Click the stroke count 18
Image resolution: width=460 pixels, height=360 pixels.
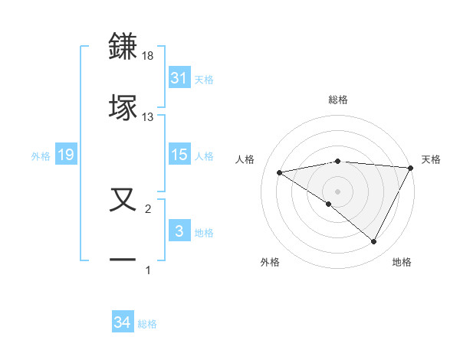[x=149, y=56]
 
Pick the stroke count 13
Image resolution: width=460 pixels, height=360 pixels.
[x=148, y=117]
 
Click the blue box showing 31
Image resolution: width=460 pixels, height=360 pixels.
[x=179, y=78]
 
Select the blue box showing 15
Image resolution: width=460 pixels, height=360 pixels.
[x=179, y=155]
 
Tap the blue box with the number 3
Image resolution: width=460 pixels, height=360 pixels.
[x=179, y=231]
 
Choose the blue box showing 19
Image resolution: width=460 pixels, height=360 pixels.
[x=65, y=155]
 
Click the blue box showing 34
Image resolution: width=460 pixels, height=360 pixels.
[x=122, y=323]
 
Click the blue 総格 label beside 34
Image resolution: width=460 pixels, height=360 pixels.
[x=147, y=324]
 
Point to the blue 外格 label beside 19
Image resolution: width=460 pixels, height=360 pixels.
[x=41, y=155]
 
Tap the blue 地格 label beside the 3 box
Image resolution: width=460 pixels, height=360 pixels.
[x=204, y=232]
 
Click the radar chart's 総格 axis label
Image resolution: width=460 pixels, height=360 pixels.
[x=338, y=100]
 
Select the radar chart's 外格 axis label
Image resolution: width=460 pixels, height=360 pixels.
[x=270, y=262]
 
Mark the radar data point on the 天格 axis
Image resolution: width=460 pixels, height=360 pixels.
[x=412, y=168]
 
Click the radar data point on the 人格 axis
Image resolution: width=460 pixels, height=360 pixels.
[x=279, y=172]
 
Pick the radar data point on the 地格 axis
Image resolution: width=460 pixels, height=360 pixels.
[x=374, y=242]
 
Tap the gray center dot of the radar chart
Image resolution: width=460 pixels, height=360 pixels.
[x=337, y=191]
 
